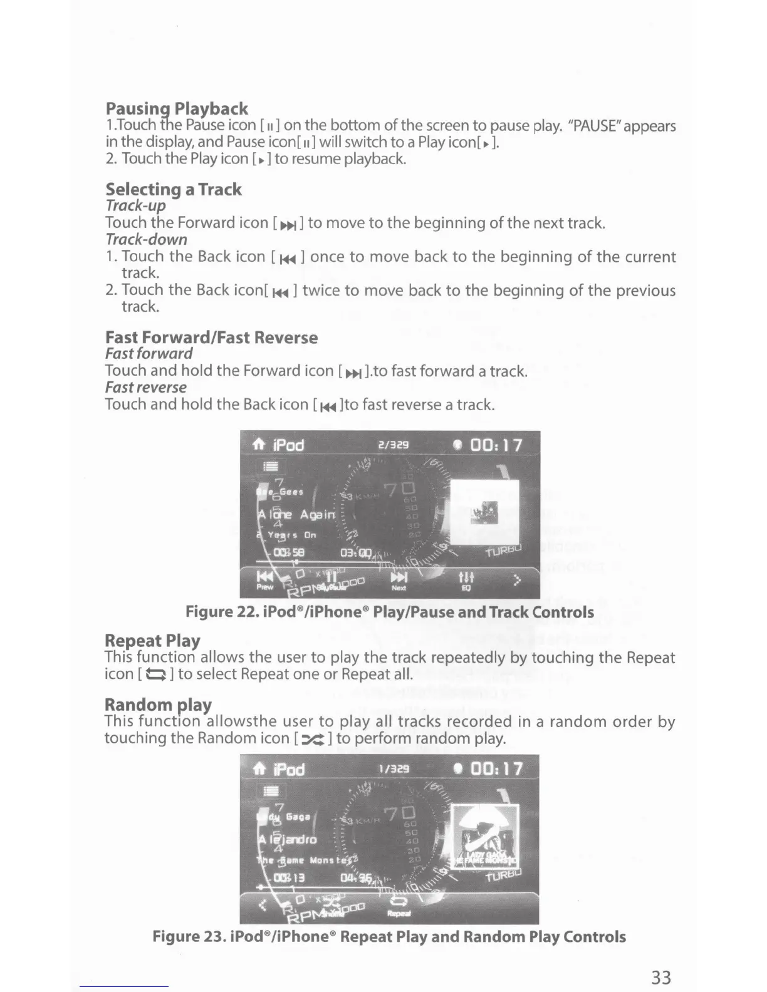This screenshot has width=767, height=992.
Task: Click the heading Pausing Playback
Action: tap(177, 108)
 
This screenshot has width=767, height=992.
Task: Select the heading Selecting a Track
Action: tap(173, 189)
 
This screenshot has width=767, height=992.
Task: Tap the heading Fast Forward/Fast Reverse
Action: tap(211, 338)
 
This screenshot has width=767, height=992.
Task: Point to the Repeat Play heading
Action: tap(152, 640)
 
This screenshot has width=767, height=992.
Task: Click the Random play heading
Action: tap(158, 705)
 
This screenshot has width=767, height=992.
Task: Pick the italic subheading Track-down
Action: tap(146, 239)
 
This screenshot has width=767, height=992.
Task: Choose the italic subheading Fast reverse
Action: tap(145, 387)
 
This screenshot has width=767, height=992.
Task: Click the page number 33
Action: tap(661, 977)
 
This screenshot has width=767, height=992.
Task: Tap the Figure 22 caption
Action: tap(389, 612)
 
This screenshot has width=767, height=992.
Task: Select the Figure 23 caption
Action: tap(389, 936)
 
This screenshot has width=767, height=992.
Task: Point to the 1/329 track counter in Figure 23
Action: tap(394, 768)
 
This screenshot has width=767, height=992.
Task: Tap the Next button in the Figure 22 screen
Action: tap(399, 581)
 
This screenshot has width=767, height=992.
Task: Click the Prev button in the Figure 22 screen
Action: tap(265, 581)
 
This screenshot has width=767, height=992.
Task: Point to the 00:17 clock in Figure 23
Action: tap(496, 768)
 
